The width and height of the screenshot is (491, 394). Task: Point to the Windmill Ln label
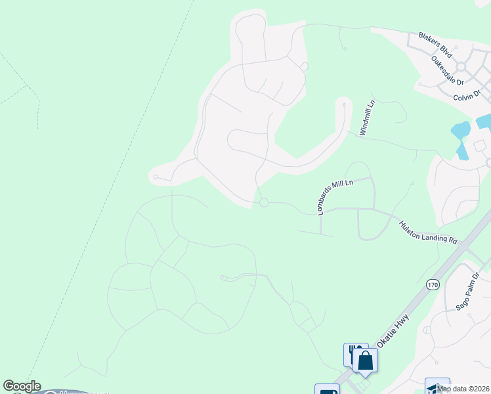366,118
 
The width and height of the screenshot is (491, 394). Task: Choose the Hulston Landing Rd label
428,232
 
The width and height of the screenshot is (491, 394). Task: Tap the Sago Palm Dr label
468,292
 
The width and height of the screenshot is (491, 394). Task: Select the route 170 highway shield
432,284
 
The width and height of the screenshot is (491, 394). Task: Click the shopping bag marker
365,361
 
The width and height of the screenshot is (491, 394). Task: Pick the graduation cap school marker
436,387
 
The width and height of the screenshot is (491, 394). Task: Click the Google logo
22,386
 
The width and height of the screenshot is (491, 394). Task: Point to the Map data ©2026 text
463,388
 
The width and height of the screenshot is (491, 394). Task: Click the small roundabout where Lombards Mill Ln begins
264,203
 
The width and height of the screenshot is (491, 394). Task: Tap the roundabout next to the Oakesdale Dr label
461,67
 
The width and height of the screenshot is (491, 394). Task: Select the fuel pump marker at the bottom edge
327,389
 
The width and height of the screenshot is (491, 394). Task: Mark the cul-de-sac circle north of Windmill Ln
343,102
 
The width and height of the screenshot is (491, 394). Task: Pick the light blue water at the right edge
484,121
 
